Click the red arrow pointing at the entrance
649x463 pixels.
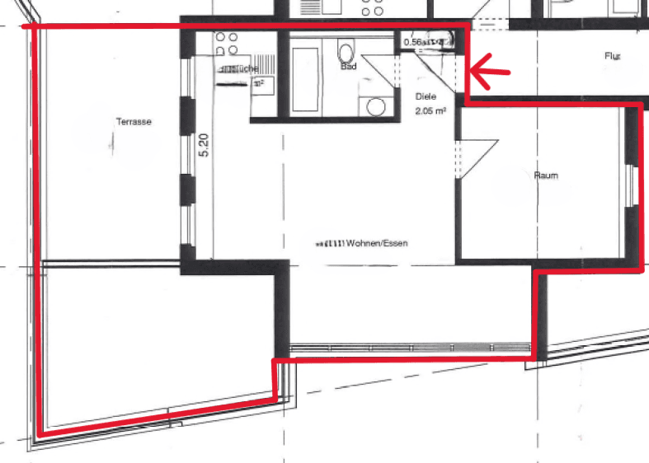pos(488,72)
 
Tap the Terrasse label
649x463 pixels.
pos(134,122)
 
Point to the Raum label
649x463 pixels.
pos(546,175)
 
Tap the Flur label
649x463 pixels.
pos(611,57)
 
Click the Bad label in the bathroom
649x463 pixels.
pos(348,67)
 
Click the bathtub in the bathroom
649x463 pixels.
pos(304,78)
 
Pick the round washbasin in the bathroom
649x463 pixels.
pos(376,106)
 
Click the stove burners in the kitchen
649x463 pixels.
pos(227,43)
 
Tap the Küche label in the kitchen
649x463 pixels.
pos(245,68)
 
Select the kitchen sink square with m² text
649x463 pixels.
pos(261,82)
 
